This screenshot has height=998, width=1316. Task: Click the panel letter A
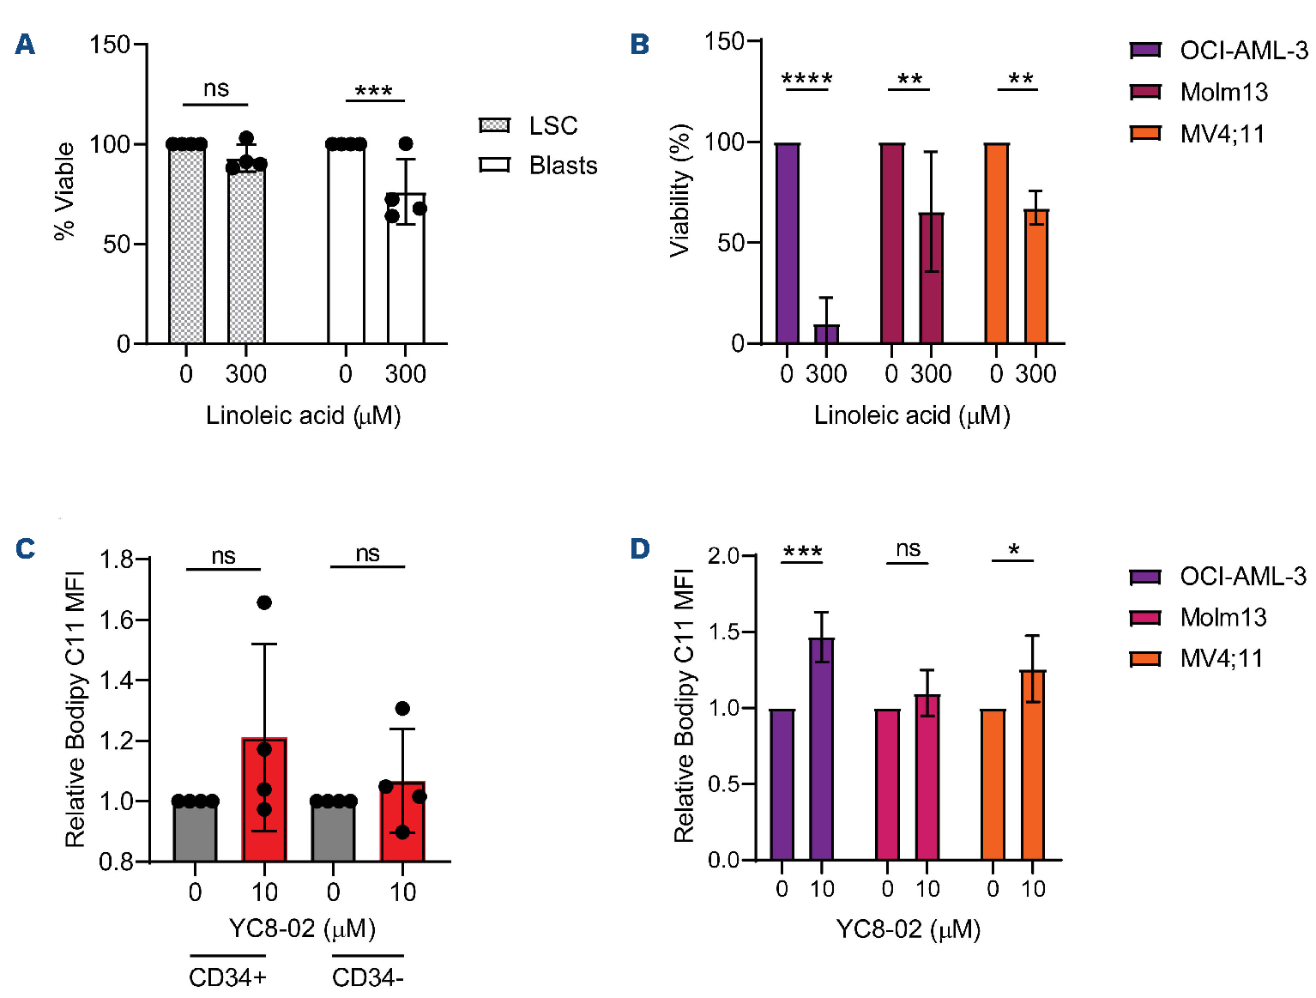coord(25,45)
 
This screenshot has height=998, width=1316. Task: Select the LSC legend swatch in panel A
coord(494,126)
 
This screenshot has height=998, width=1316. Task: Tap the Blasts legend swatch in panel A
coord(494,165)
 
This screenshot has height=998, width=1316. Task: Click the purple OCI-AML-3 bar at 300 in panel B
coord(826,334)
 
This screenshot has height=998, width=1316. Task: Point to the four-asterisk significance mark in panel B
coord(806,80)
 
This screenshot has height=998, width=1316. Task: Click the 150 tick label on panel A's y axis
coord(110,45)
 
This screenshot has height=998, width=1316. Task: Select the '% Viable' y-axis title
coord(65,191)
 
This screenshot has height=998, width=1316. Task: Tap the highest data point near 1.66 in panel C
coord(264,602)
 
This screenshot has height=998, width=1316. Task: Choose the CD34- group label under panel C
coord(367,977)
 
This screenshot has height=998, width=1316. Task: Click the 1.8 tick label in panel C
coord(117,560)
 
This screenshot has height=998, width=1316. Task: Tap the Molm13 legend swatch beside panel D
coord(1145,618)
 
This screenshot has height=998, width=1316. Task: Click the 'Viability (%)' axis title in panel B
coord(680,191)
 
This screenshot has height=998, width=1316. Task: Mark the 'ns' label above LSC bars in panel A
coord(216,88)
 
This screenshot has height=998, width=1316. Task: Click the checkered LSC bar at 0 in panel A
coord(186,244)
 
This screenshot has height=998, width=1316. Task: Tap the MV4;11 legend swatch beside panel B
coord(1145,134)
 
